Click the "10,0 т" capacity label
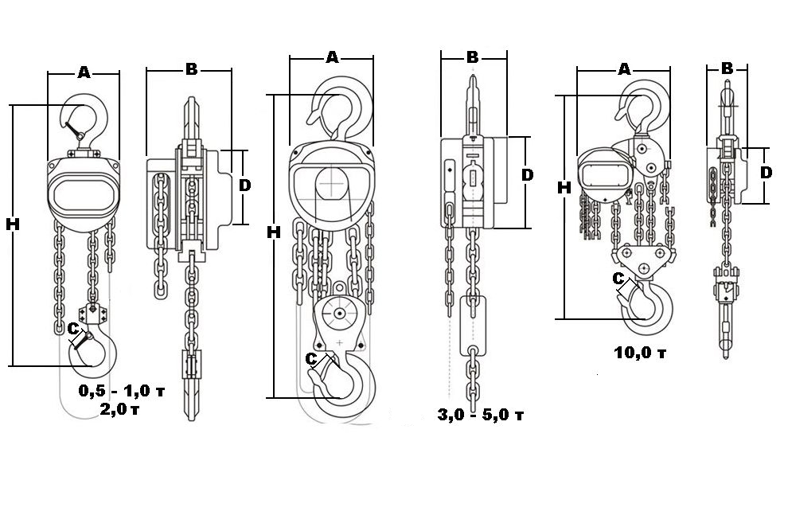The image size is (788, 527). click(640, 353)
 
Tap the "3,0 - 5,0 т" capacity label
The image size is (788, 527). click(481, 415)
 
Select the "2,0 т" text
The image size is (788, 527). click(119, 409)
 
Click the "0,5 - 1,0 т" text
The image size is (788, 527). click(122, 390)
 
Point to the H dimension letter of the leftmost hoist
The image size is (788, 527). click(13, 224)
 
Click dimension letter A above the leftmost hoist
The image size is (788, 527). click(84, 72)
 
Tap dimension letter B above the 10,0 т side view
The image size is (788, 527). click(727, 68)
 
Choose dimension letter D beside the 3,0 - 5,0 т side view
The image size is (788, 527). click(527, 175)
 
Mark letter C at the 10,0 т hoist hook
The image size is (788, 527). click(618, 278)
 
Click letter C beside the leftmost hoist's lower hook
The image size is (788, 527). click(73, 329)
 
